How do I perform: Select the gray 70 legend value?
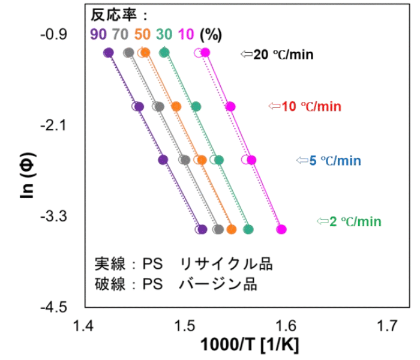120,34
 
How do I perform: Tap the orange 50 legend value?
142,34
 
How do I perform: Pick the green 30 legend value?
164,34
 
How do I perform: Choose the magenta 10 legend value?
186,34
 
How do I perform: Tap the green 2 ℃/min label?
355,221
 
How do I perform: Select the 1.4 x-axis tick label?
83,326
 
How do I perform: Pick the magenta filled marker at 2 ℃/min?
281,229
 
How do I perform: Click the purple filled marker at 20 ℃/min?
109,53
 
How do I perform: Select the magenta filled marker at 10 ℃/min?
230,107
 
